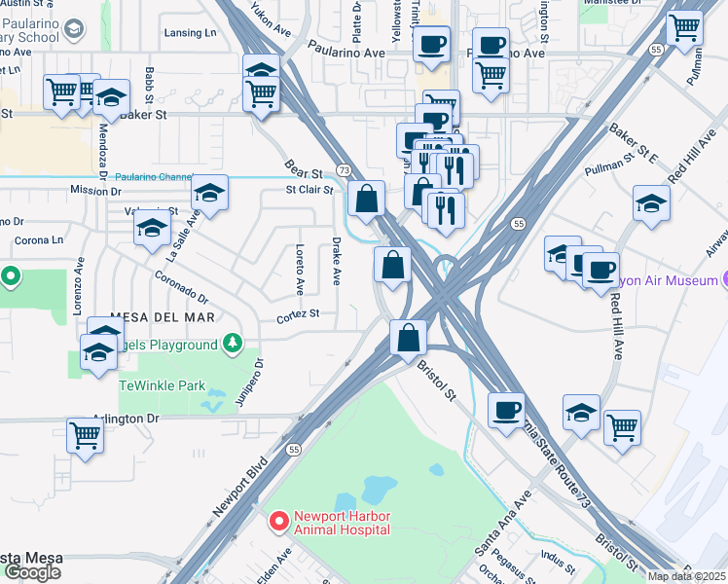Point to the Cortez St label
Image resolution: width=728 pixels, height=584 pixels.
click(x=298, y=314)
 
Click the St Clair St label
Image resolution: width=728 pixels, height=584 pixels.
click(x=309, y=190)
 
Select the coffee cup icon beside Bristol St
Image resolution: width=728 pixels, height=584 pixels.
click(x=506, y=410)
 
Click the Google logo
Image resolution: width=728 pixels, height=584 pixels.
click(x=31, y=572)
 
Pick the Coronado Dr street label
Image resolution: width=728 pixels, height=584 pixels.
click(x=182, y=287)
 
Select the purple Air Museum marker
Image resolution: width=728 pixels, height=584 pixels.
click(x=724, y=280)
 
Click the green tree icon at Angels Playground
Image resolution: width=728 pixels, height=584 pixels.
click(x=232, y=344)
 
